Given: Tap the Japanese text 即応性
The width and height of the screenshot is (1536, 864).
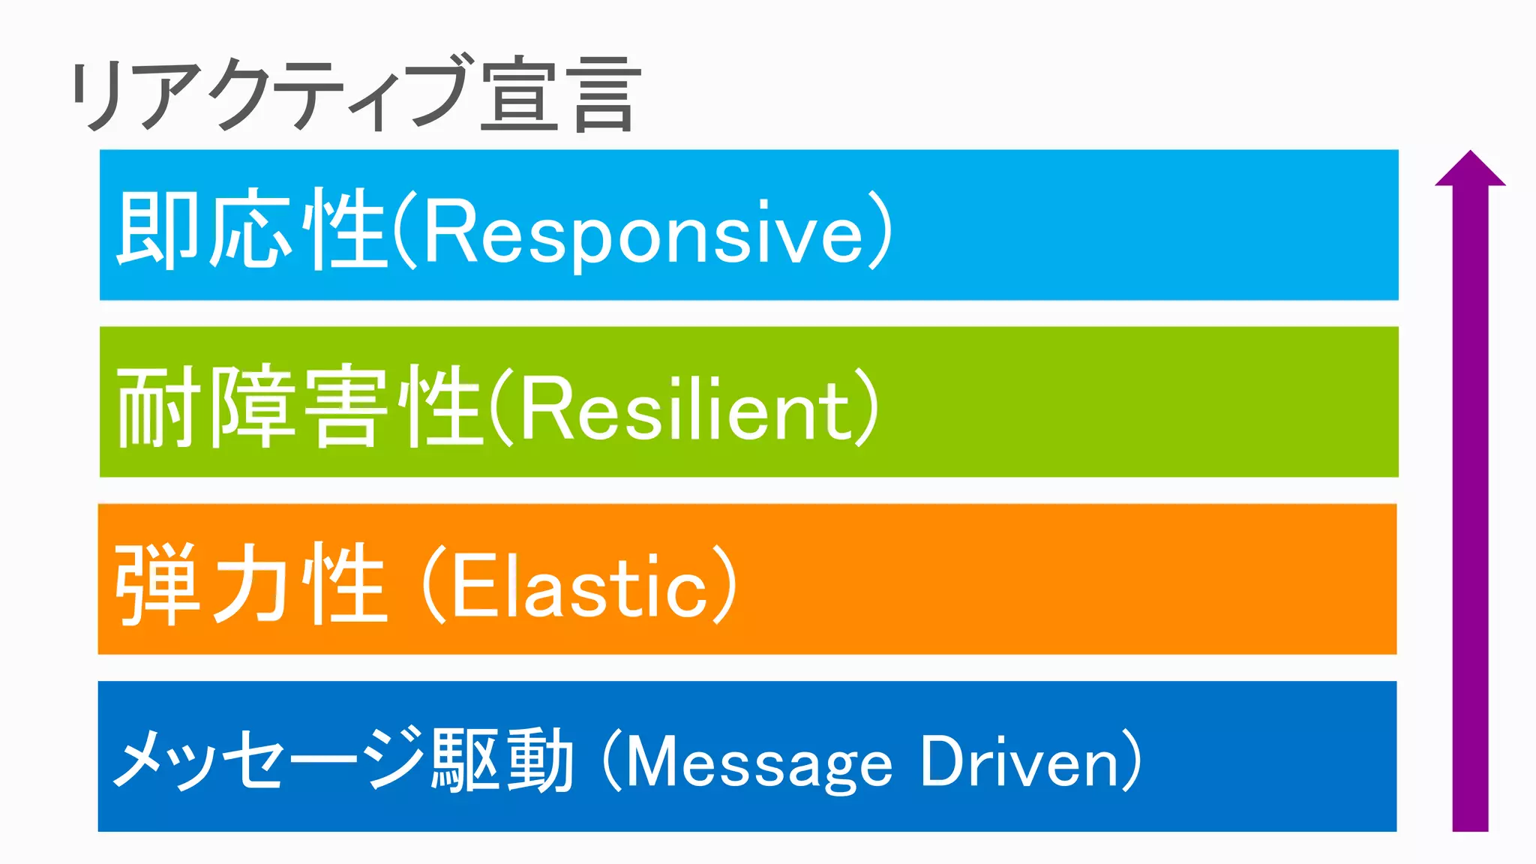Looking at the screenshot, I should pos(251,229).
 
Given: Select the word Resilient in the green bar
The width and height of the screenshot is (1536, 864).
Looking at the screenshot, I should pos(686,409).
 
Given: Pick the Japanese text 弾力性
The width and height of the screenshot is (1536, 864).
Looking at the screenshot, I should pos(251,584).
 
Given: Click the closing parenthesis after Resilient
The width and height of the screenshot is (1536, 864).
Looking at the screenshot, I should pos(867,409).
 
